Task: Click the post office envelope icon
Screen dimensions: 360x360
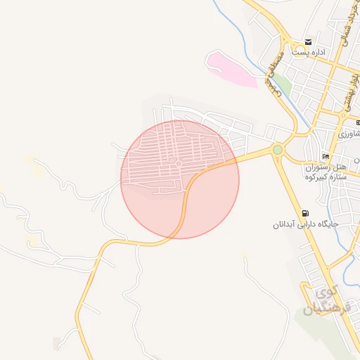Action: (308, 43)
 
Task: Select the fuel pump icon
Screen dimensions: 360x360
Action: (304, 213)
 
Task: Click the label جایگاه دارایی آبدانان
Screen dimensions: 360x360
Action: (307, 225)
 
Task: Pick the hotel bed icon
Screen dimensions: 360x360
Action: (325, 156)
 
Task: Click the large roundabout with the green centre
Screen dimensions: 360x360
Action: (278, 149)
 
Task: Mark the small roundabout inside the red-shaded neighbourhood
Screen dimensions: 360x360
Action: (179, 164)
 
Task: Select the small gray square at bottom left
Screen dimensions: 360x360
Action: (57, 343)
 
